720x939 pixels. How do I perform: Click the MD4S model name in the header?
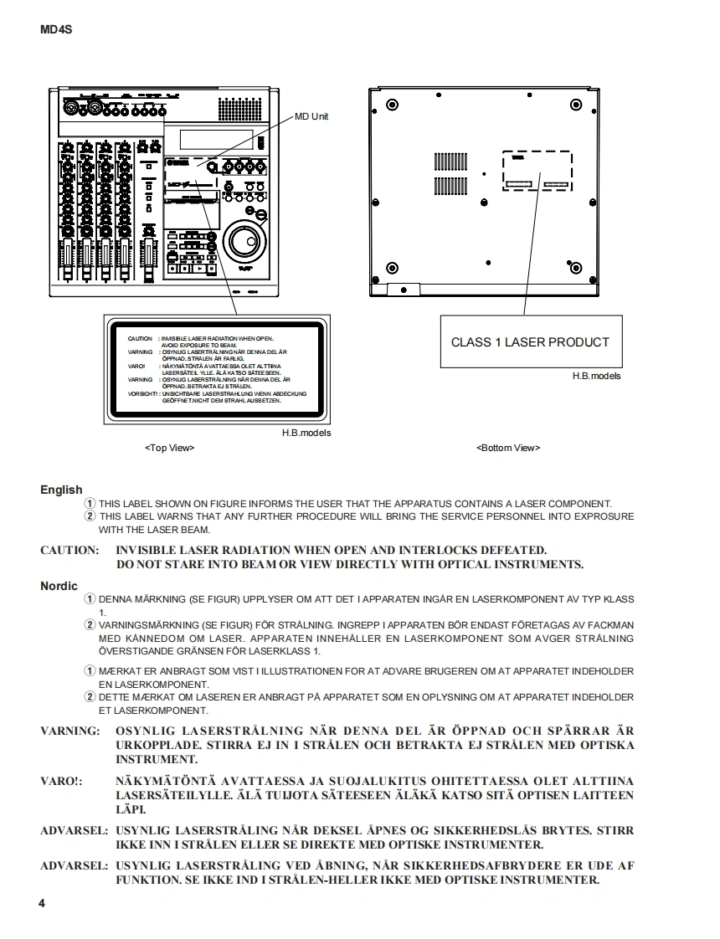pyautogui.click(x=56, y=30)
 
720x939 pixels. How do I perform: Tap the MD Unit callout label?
pyautogui.click(x=311, y=116)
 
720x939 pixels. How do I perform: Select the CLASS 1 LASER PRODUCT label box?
pyautogui.click(x=531, y=342)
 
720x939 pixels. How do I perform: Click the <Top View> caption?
pyautogui.click(x=169, y=448)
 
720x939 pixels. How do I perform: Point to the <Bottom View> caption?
pyautogui.click(x=508, y=448)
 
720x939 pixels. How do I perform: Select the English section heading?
pyautogui.click(x=61, y=490)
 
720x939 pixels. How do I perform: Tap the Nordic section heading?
pyautogui.click(x=59, y=586)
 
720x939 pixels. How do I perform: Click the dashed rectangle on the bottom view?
pyautogui.click(x=537, y=172)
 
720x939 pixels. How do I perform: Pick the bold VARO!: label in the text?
pyautogui.click(x=62, y=780)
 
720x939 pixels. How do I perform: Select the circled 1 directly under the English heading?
pyautogui.click(x=90, y=503)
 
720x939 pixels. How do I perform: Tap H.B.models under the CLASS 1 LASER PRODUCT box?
pyautogui.click(x=596, y=377)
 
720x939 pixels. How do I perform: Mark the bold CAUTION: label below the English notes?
pyautogui.click(x=69, y=550)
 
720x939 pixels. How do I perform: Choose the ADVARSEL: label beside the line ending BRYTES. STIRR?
pyautogui.click(x=74, y=830)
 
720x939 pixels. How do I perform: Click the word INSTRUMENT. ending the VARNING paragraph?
pyautogui.click(x=157, y=759)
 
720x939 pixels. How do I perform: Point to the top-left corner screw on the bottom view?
pyautogui.click(x=392, y=105)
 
